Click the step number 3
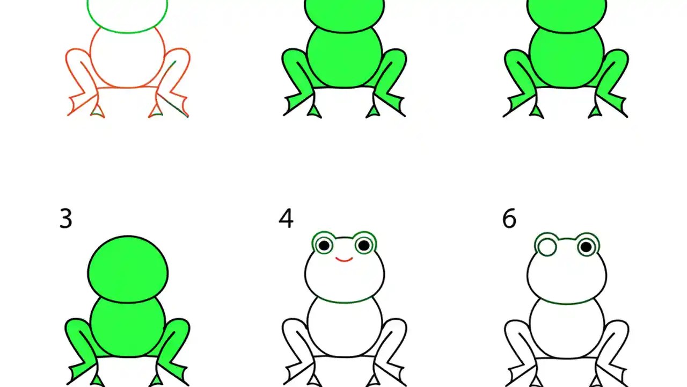coord(65,219)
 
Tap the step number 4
coord(286,219)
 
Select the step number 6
coord(509,219)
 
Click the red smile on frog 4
coord(344,260)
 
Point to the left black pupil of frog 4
coord(324,246)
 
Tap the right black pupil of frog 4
coord(364,246)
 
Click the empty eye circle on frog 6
coord(546,247)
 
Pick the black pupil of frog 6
coord(587,247)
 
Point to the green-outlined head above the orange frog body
coord(128,13)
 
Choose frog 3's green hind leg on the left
coord(79,336)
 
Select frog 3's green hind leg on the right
coord(176,336)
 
